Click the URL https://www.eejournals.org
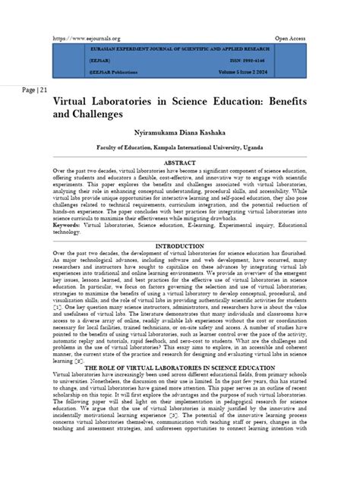click(x=85, y=37)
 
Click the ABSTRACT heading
click(x=180, y=163)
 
